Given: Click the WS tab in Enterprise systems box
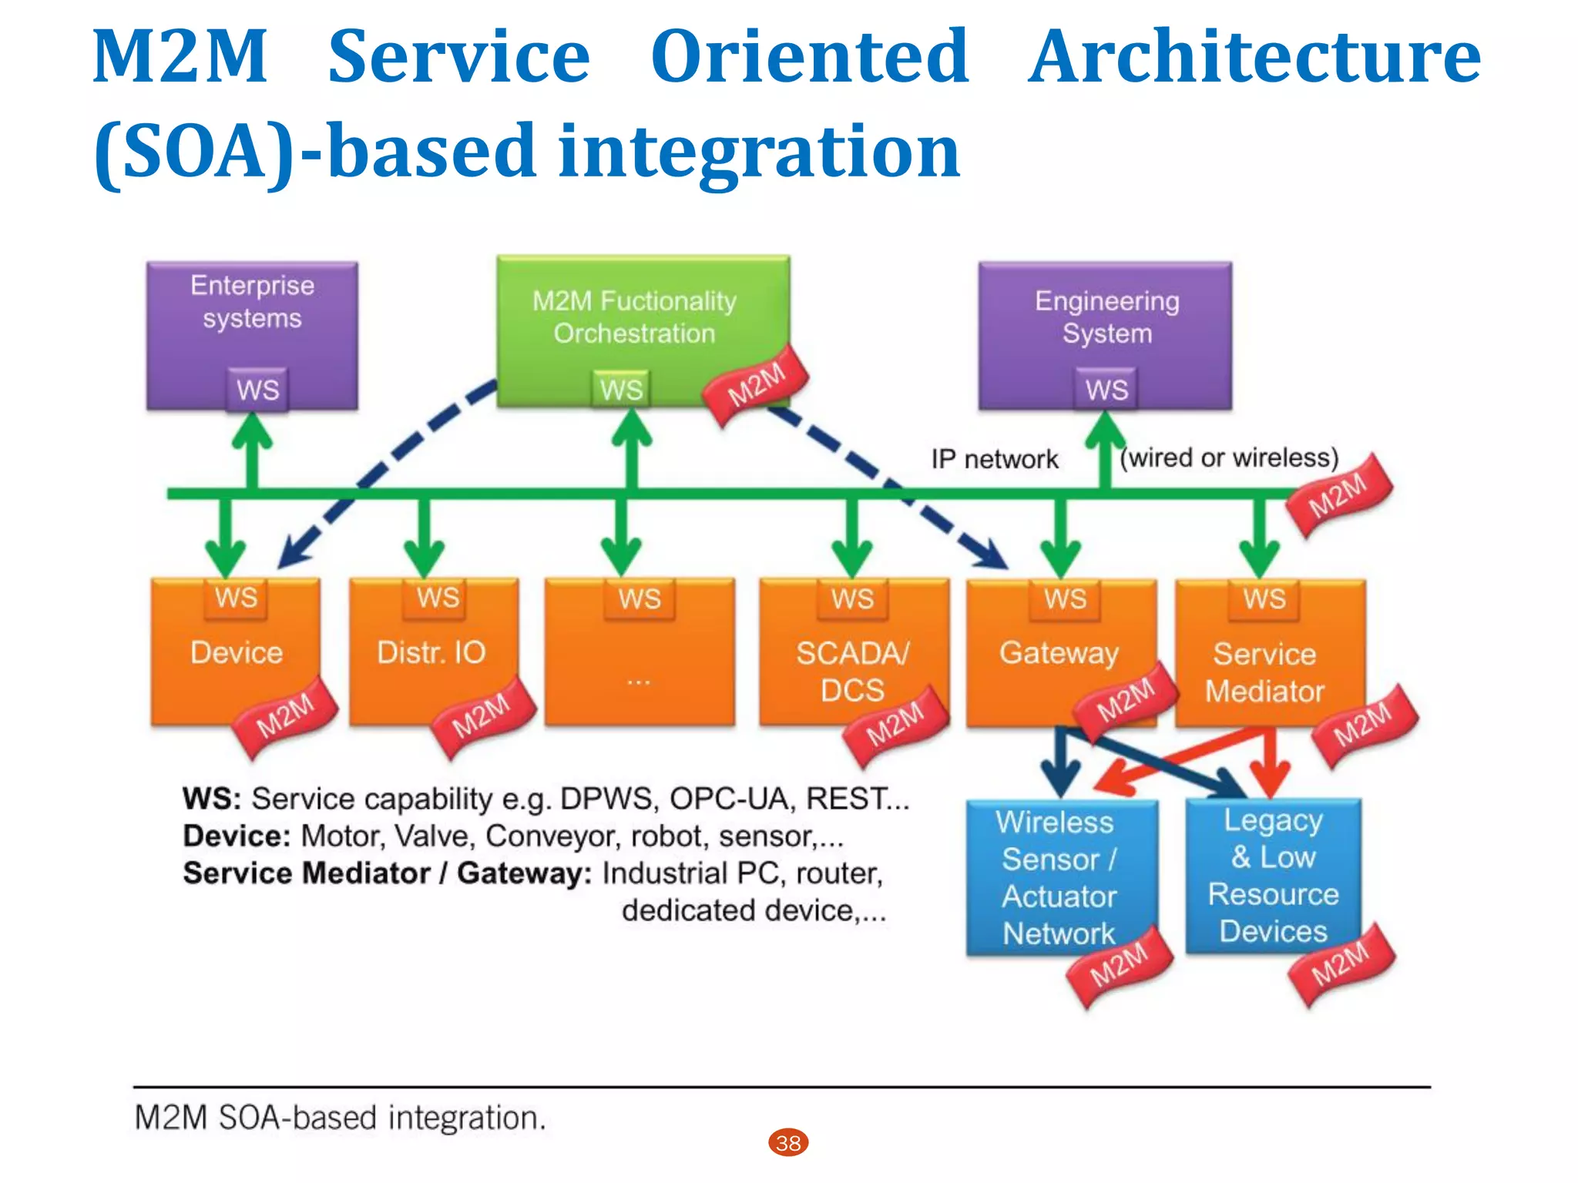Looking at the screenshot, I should [257, 390].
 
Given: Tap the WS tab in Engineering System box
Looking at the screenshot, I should [1106, 390].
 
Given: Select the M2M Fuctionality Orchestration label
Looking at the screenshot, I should [634, 317].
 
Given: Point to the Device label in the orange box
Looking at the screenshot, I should [237, 652].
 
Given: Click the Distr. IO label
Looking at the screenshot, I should [431, 652].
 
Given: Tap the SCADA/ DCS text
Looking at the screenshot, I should [852, 671].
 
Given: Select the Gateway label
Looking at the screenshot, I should [1059, 653].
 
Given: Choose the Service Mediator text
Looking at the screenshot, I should [1264, 672].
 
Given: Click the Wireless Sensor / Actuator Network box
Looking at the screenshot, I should [1060, 877].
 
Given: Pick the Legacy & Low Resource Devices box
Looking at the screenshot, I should [1273, 876].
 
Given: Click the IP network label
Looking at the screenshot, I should [994, 459].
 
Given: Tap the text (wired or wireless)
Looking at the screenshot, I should [1229, 457].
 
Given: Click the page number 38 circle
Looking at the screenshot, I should [788, 1142].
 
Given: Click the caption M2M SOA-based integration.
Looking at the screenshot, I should [340, 1118].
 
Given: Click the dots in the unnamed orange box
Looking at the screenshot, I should [639, 681].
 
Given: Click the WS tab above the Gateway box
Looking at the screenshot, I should [1066, 598].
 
